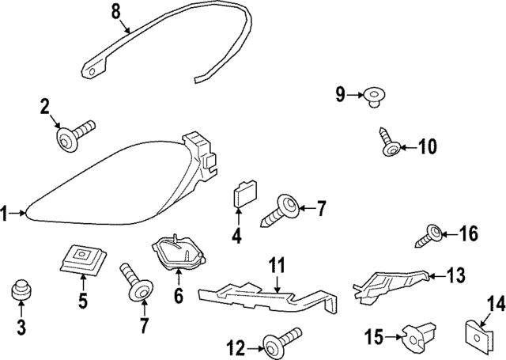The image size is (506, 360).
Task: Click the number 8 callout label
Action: [115, 11]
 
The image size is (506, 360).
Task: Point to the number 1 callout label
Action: [5, 212]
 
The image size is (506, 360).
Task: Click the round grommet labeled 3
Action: [21, 291]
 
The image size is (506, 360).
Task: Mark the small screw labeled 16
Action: [433, 233]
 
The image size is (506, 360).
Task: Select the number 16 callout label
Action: [469, 233]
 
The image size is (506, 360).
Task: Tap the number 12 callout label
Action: [236, 346]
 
